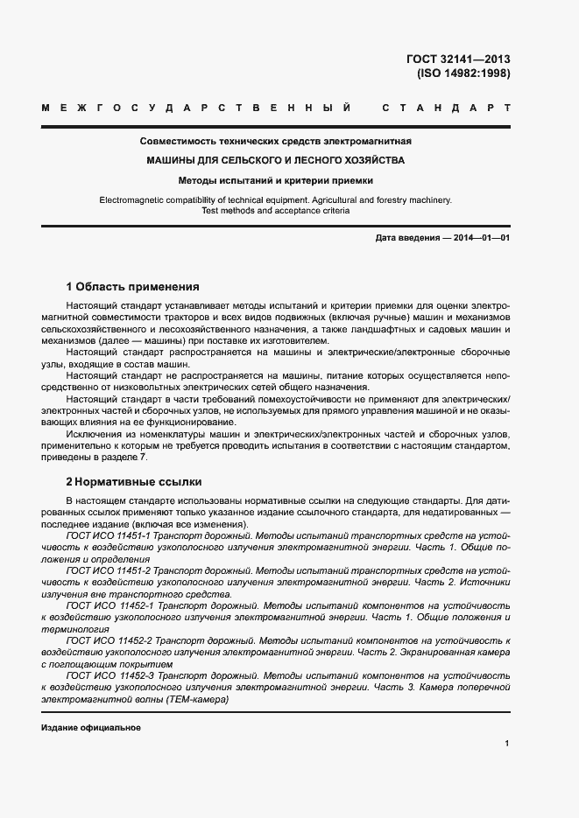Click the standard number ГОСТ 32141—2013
(x=458, y=59)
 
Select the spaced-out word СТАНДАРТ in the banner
(x=447, y=108)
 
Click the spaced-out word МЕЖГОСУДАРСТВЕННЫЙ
(x=197, y=108)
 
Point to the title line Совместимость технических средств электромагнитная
(x=276, y=141)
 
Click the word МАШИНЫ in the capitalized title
(x=173, y=161)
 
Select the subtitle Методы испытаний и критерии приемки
(x=276, y=181)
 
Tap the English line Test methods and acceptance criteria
(x=276, y=211)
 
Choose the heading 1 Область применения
(x=133, y=286)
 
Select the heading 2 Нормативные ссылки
(x=134, y=481)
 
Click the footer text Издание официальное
(x=91, y=728)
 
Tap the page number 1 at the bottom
(x=507, y=743)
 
